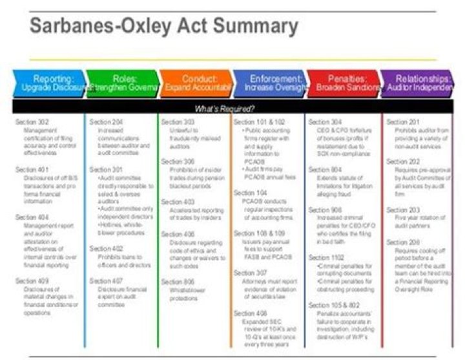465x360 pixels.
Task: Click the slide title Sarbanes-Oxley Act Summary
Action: pos(164,26)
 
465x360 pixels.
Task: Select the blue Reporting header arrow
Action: pos(49,82)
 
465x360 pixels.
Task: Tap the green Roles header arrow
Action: pos(123,82)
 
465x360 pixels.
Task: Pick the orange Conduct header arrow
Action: pos(196,82)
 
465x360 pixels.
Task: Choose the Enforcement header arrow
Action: pos(269,82)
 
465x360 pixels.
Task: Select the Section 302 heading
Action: pos(32,121)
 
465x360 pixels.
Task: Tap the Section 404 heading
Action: pos(32,217)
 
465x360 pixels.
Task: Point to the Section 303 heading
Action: pos(178,121)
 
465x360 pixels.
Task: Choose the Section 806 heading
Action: pos(178,282)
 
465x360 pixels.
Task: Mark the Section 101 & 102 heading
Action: pos(259,121)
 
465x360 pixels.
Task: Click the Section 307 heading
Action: pos(250,273)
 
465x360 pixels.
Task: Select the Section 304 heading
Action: pos(325,121)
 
